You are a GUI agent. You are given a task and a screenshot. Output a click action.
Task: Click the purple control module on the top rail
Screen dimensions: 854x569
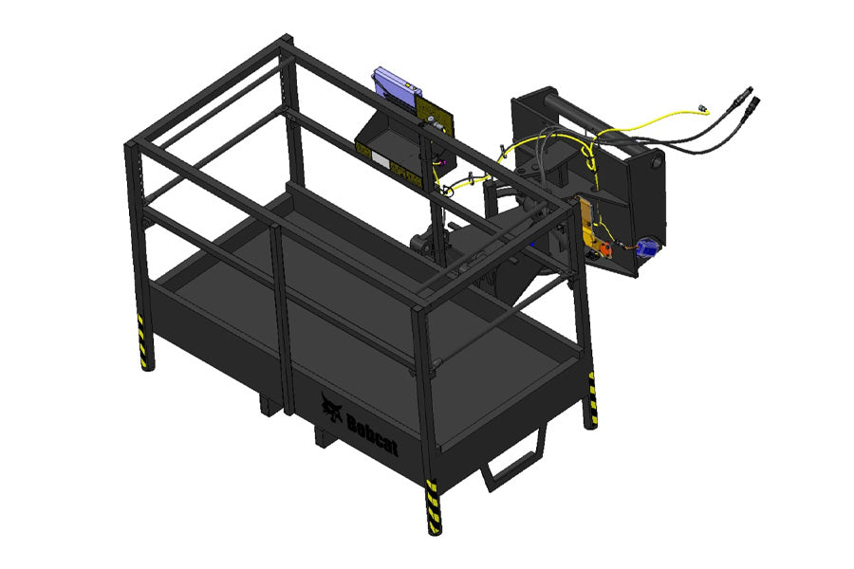[x=397, y=87]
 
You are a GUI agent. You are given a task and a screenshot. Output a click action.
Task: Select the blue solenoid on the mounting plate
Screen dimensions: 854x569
[x=647, y=248]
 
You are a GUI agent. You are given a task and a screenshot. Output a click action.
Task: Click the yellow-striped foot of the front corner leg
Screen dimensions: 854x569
[x=433, y=507]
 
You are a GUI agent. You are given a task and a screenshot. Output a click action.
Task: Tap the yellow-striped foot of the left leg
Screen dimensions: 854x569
[x=142, y=344]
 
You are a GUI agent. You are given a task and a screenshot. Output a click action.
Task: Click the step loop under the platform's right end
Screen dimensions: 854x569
[x=514, y=460]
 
